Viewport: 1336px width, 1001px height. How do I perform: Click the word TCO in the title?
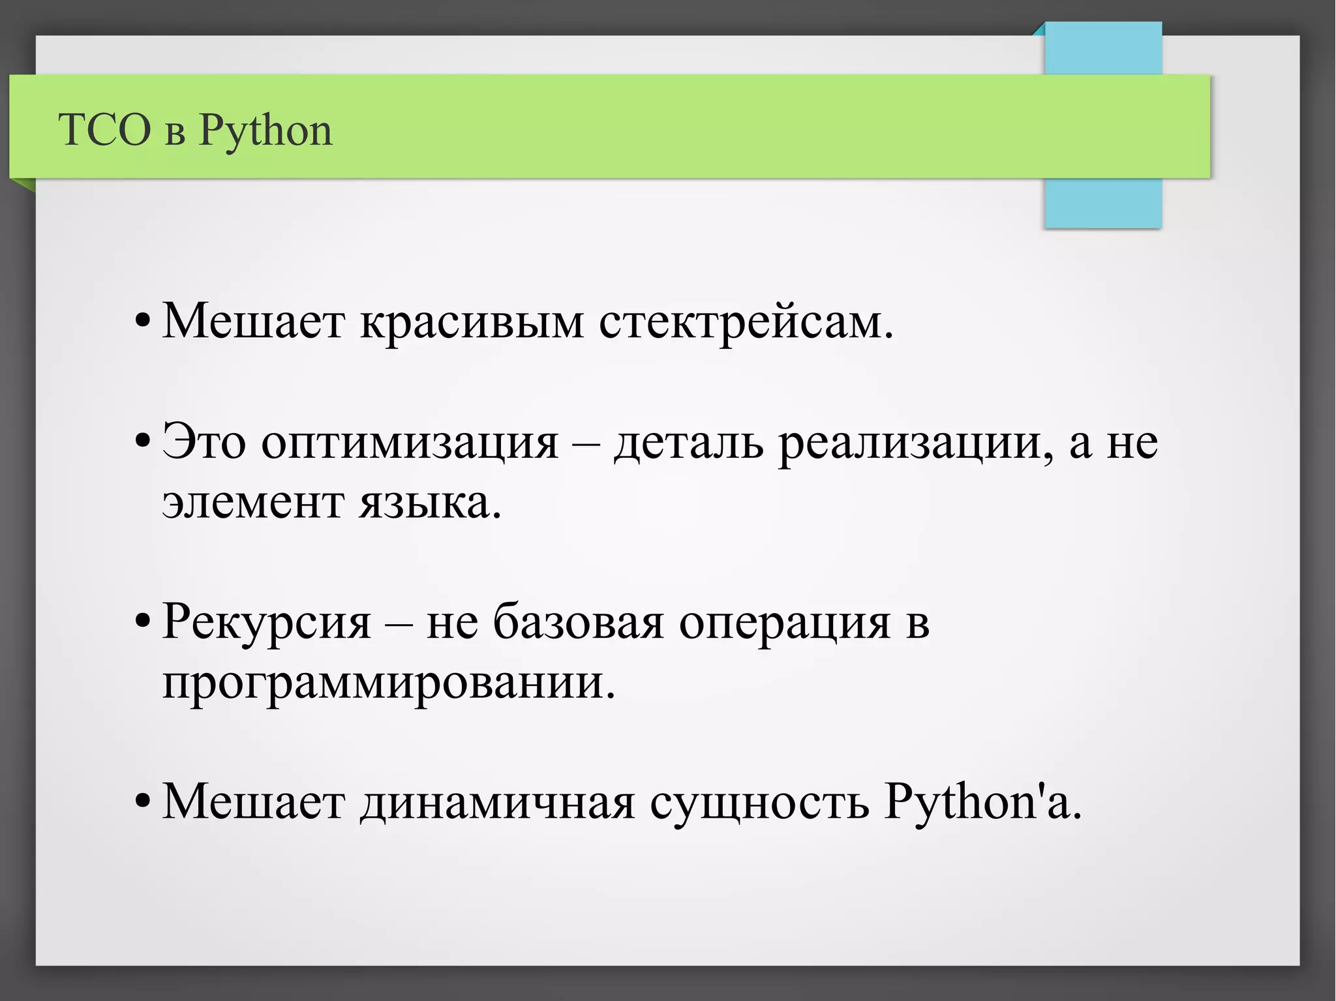(x=104, y=129)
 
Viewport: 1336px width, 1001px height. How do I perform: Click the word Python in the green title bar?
(x=265, y=130)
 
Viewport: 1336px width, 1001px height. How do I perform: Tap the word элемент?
(x=252, y=503)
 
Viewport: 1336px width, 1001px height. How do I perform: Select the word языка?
(x=430, y=503)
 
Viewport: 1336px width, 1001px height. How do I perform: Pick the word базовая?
(x=578, y=621)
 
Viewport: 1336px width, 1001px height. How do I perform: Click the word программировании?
(x=388, y=683)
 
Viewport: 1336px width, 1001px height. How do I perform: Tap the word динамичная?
(x=497, y=802)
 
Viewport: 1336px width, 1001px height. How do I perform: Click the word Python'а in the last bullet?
(x=982, y=802)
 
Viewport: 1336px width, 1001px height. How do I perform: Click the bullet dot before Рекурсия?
(x=142, y=623)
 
